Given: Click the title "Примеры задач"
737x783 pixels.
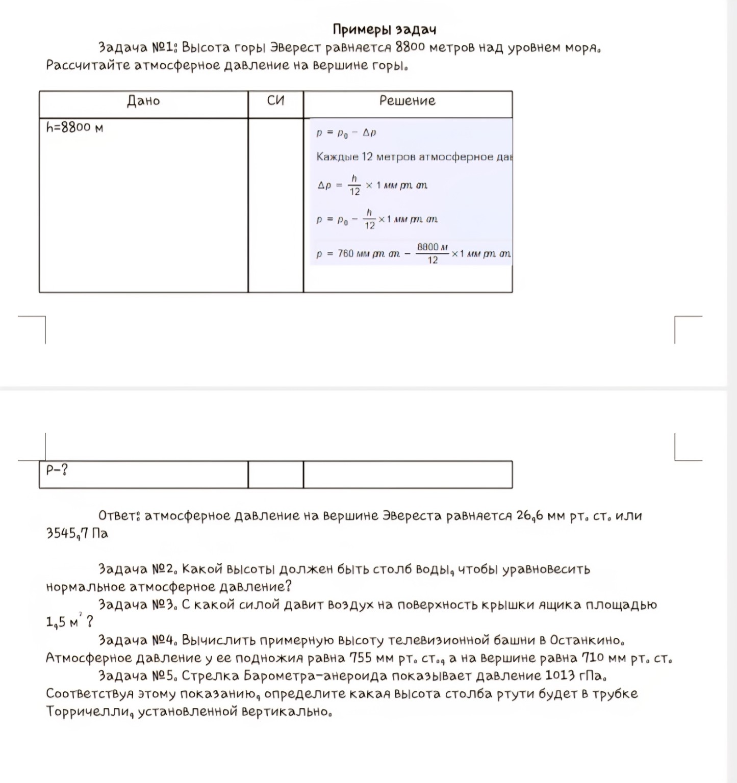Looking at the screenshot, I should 384,30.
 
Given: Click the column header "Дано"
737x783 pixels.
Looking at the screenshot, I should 143,101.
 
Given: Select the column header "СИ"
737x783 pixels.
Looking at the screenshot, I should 275,100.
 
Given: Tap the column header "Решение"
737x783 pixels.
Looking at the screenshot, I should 407,100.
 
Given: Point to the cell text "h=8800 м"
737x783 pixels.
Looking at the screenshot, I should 74,127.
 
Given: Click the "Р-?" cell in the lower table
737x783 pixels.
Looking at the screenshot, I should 57,470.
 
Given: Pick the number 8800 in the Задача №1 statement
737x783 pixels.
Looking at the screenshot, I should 410,48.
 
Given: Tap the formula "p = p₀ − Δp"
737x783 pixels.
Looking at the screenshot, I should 346,133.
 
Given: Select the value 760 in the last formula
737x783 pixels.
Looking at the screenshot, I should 345,253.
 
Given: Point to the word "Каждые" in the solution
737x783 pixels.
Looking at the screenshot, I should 337,156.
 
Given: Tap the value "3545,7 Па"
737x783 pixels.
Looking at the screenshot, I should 77,534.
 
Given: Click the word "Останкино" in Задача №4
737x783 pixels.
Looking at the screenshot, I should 587,640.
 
